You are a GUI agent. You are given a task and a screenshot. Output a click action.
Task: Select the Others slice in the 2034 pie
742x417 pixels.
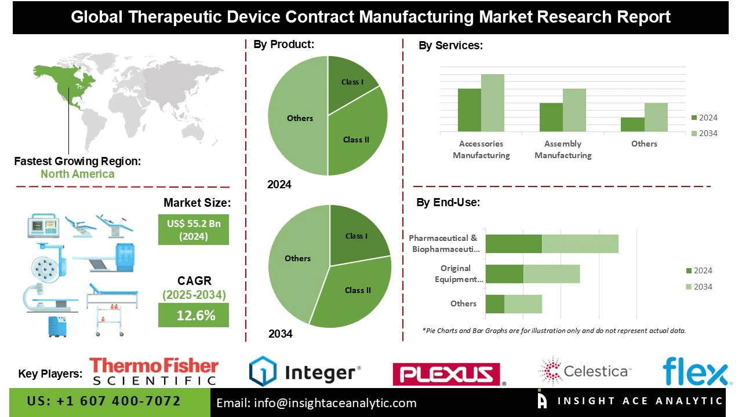click(296, 261)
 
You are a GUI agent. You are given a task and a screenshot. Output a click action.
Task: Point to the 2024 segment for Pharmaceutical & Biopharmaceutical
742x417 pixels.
click(513, 244)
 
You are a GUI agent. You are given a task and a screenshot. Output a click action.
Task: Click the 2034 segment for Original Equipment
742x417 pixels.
click(551, 274)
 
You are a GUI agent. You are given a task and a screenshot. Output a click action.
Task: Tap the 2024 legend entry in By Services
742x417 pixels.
click(704, 118)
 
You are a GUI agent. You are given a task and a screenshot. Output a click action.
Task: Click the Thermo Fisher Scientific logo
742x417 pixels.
click(154, 371)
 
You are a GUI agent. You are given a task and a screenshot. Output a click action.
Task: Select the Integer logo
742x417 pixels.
click(305, 371)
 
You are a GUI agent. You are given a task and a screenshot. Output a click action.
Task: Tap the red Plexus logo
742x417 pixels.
click(446, 374)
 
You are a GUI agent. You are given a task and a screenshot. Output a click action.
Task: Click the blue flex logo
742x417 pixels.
click(695, 371)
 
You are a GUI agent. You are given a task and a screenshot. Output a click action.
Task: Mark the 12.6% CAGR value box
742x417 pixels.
click(194, 316)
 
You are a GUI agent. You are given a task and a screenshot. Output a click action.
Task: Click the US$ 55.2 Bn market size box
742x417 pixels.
click(194, 229)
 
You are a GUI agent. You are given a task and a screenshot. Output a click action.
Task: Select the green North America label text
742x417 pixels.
click(77, 174)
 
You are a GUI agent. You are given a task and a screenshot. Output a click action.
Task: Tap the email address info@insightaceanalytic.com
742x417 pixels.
click(316, 403)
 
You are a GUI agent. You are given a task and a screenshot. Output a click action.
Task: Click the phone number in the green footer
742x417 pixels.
click(104, 401)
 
